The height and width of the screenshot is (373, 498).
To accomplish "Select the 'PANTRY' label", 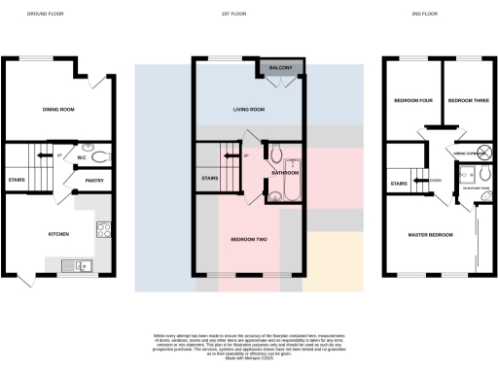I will (x=94, y=180).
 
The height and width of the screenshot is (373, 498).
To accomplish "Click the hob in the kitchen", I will (x=103, y=231).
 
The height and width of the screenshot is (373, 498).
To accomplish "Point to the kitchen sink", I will (x=76, y=264).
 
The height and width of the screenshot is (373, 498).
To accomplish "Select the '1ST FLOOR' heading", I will (x=248, y=15).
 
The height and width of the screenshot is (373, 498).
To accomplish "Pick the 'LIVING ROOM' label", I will (x=248, y=110).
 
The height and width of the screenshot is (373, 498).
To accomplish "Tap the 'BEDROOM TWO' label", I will (x=248, y=238).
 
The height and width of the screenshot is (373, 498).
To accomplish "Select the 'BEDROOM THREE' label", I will (x=465, y=100).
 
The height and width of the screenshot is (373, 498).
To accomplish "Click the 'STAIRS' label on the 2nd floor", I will (x=398, y=183).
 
